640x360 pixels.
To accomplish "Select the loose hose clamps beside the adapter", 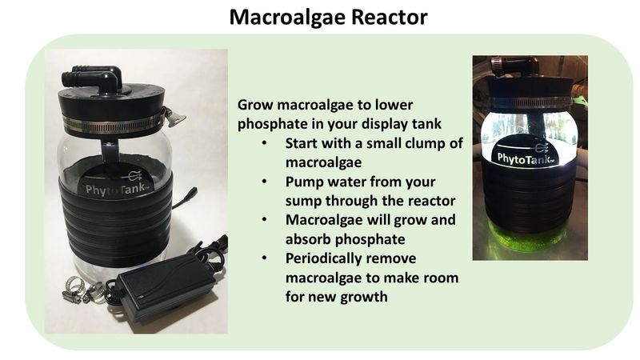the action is coord(84,290).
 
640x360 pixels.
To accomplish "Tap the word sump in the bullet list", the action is coord(303,202).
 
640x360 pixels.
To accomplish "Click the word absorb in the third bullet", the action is coord(308,239).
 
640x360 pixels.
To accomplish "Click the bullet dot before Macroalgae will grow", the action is coord(264,220).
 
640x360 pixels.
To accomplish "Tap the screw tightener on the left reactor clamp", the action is coord(174,117).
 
